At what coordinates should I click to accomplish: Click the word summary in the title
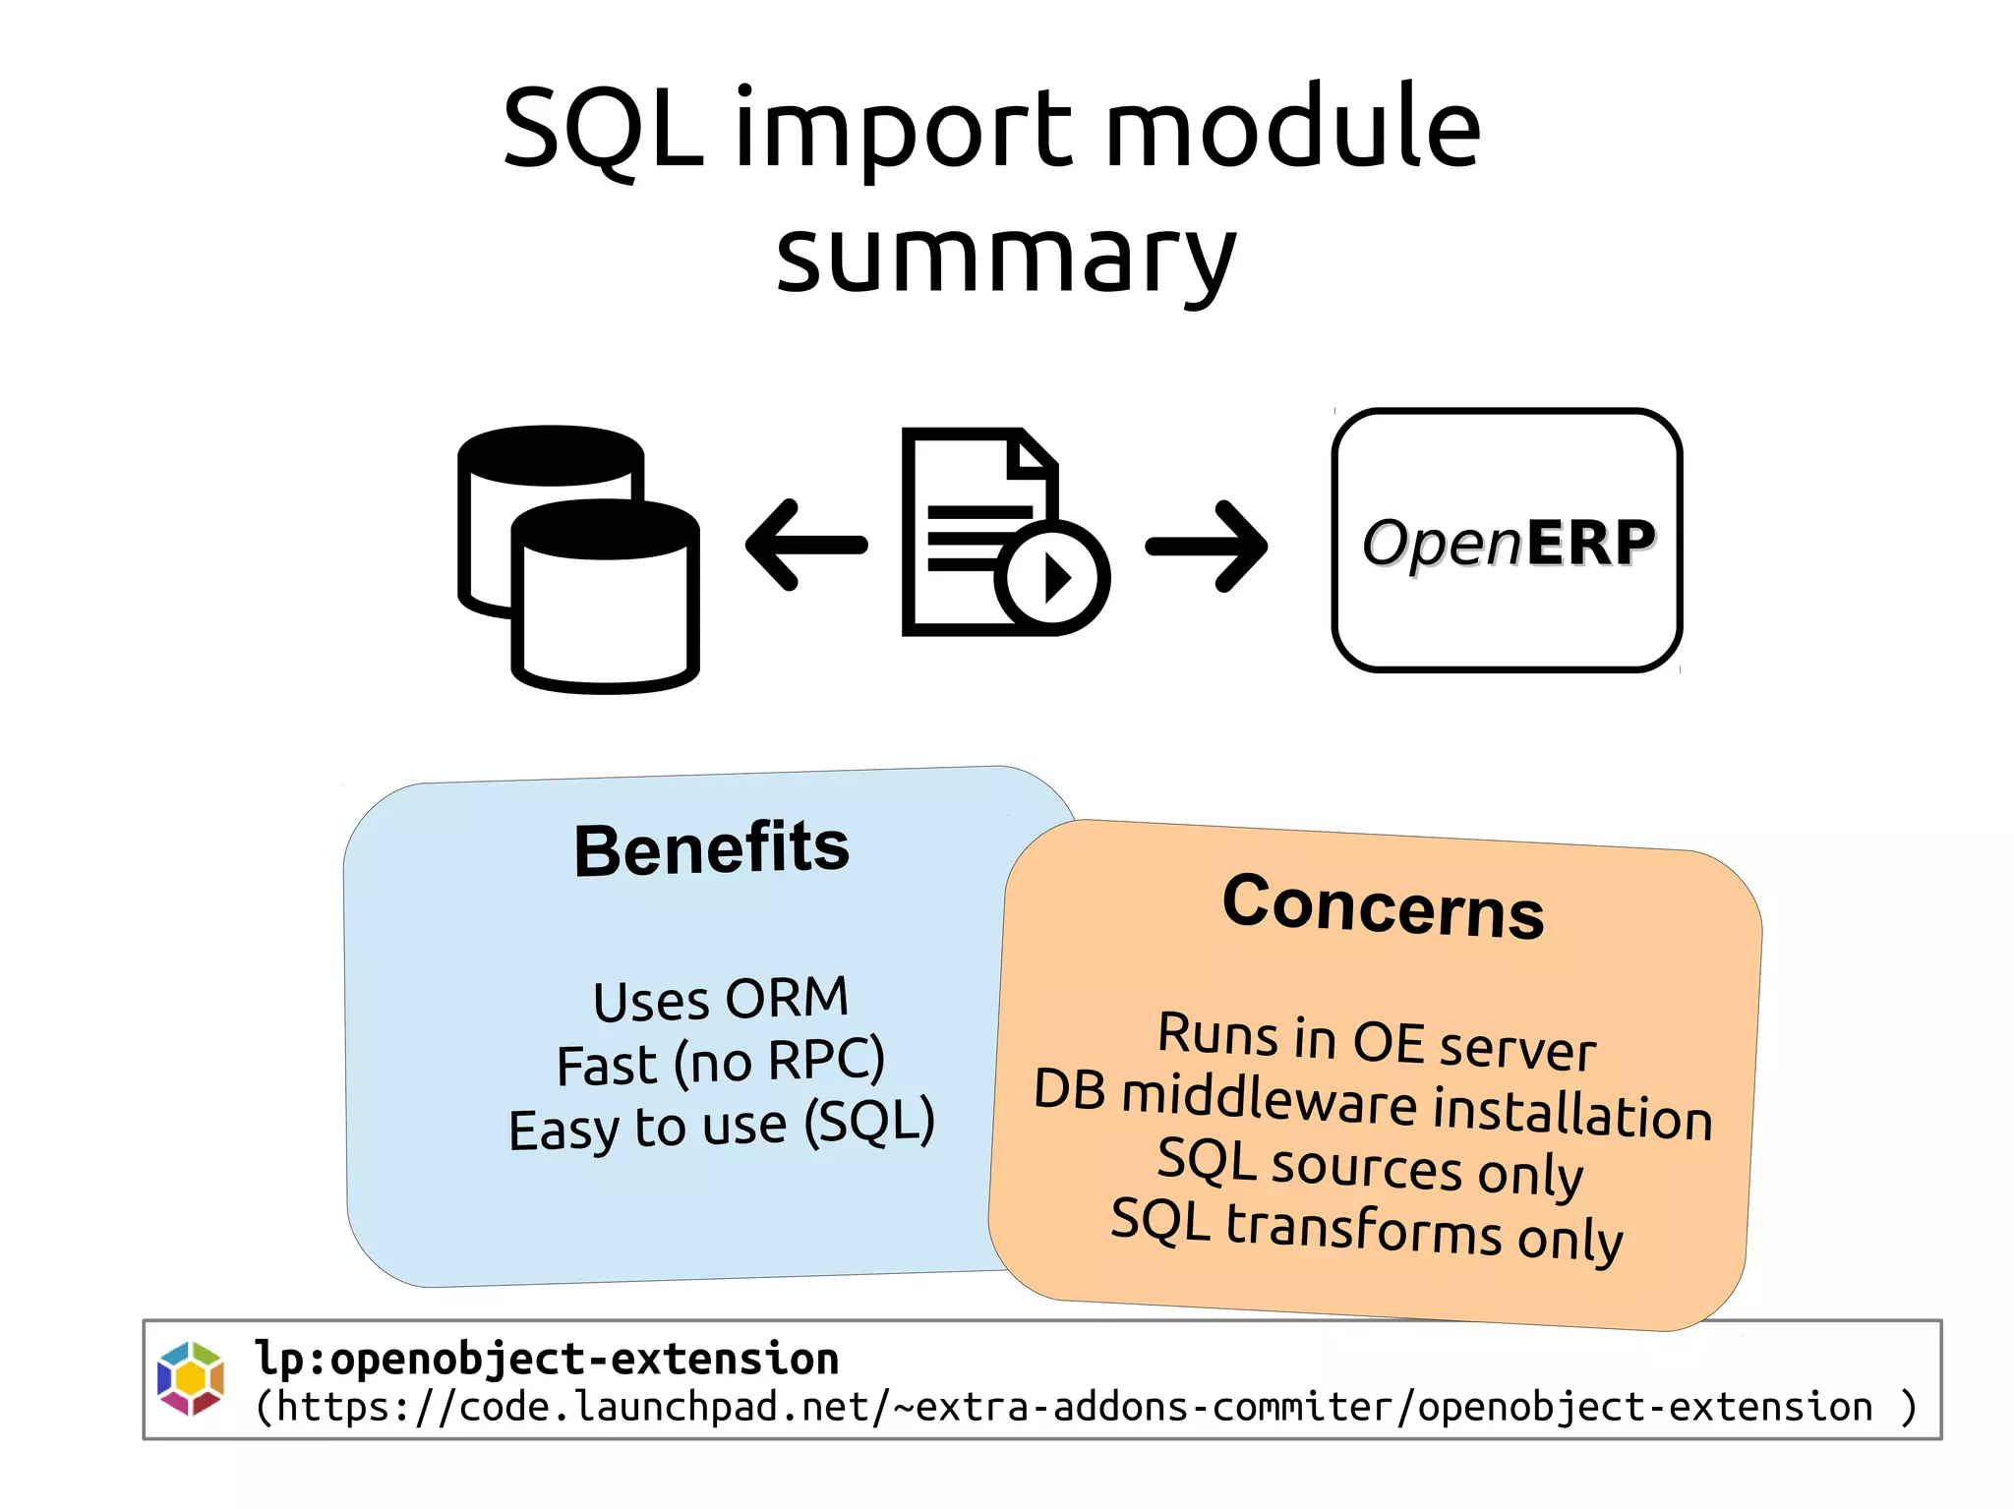click(1005, 258)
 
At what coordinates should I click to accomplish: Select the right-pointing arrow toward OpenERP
click(1208, 547)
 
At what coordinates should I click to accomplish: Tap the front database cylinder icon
click(605, 609)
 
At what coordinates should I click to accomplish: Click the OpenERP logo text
click(1508, 543)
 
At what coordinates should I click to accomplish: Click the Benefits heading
click(711, 849)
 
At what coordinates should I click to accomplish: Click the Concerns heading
click(1383, 906)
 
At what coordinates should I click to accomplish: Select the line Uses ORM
click(720, 1000)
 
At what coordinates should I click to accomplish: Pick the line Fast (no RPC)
click(720, 1063)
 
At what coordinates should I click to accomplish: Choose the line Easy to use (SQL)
click(720, 1126)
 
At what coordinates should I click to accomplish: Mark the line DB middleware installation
click(1373, 1104)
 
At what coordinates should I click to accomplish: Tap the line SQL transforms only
click(1367, 1229)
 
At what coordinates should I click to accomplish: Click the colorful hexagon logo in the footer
click(191, 1378)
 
